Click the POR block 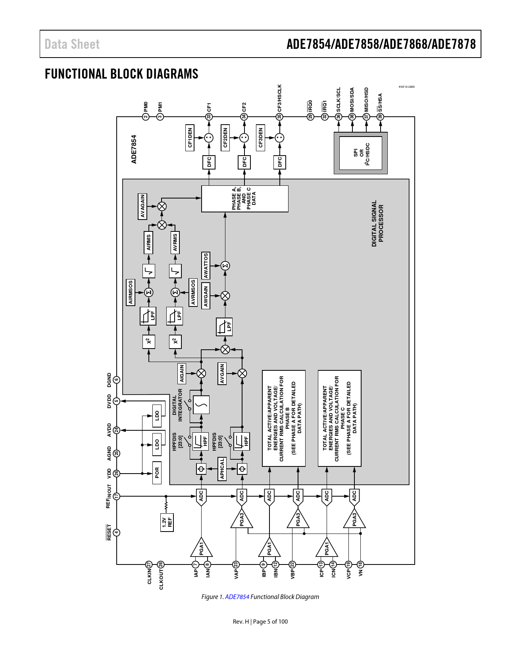point(157,473)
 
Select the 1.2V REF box point(167,522)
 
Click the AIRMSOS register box point(131,292)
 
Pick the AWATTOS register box point(206,266)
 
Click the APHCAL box point(222,469)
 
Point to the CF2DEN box point(225,138)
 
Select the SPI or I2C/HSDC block point(361,153)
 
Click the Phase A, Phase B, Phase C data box point(244,198)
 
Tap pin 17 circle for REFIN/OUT point(117,496)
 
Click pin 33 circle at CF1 point(209,117)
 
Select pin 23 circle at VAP point(236,564)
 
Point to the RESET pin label point(109,532)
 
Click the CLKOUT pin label point(161,580)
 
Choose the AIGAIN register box point(182,373)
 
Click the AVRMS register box point(175,243)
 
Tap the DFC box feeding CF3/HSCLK point(280,162)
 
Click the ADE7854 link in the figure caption point(237,597)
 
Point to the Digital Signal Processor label point(377,223)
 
